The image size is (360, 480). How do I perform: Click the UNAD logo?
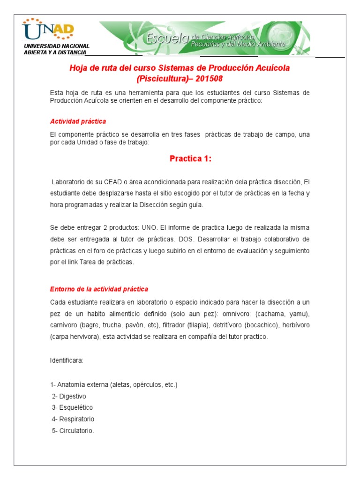pos(49,30)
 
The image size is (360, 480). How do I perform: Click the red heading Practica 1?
pos(191,159)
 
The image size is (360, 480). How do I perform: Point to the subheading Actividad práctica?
pos(78,121)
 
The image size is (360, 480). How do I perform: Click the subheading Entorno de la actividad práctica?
pos(99,289)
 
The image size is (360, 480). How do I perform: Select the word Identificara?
pos(67,360)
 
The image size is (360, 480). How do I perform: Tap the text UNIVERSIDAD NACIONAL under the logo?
pos(56,46)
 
